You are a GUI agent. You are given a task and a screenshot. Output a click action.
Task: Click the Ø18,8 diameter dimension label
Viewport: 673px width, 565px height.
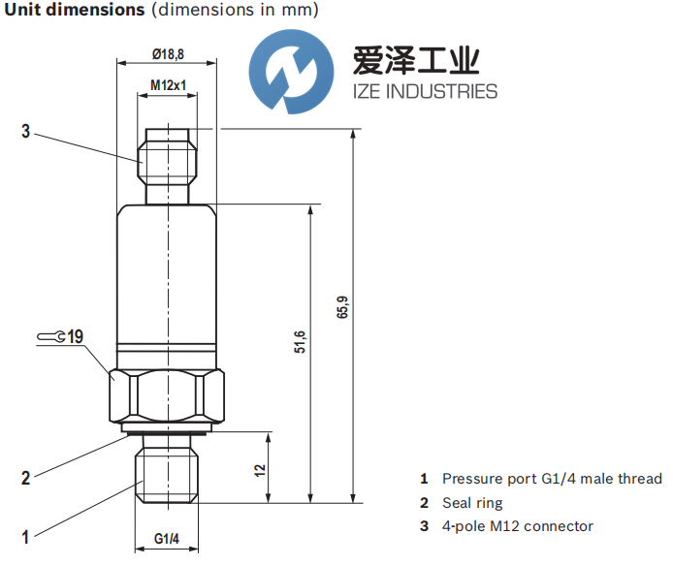(x=168, y=54)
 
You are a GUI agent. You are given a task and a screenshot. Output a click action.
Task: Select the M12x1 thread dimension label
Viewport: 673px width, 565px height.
(x=168, y=86)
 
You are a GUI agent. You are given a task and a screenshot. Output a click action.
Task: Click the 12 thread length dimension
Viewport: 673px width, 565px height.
(x=260, y=469)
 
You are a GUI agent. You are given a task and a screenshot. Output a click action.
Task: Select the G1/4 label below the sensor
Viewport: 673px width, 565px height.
(x=168, y=538)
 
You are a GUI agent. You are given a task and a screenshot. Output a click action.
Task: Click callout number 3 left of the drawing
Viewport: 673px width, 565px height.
(x=26, y=131)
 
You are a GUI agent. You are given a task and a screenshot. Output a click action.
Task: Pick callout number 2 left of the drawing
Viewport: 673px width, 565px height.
(x=26, y=477)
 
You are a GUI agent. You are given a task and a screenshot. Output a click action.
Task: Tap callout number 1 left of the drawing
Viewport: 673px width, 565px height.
(x=26, y=535)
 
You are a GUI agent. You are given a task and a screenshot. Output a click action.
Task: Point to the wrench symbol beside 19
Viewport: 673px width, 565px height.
(x=52, y=337)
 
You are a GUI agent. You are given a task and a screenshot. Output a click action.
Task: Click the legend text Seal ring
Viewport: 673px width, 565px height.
(x=472, y=503)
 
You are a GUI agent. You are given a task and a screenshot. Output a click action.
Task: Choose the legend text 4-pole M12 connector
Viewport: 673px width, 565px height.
(x=517, y=526)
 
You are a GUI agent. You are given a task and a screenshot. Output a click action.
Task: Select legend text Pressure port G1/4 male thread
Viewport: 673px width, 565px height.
(x=552, y=479)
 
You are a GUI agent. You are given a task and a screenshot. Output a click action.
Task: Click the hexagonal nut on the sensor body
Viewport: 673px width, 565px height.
(x=168, y=393)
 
